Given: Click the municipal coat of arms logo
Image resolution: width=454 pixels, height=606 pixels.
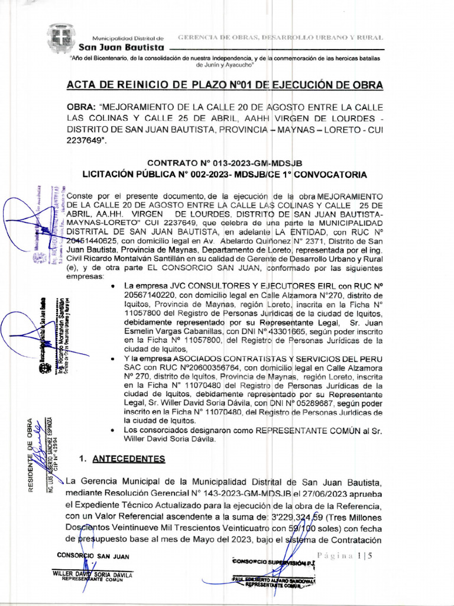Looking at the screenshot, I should [60, 40].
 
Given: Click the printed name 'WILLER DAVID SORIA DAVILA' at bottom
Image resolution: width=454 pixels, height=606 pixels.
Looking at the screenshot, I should [93, 575].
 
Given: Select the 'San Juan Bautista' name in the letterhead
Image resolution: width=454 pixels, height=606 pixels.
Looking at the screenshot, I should [125, 47].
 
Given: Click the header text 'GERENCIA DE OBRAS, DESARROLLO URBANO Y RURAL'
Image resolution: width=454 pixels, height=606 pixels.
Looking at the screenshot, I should [281, 37].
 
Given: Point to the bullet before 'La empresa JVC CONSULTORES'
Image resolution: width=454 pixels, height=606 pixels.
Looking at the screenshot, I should [113, 285].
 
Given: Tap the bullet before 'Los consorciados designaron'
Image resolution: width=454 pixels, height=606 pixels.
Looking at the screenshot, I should [113, 430].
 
